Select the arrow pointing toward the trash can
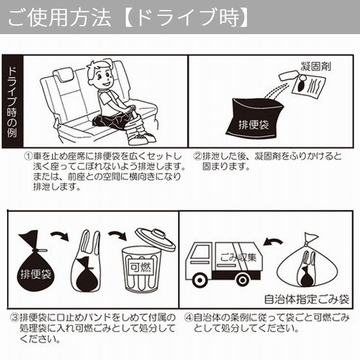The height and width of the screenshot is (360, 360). tap(117, 235)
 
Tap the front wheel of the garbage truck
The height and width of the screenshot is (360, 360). tap(200, 280)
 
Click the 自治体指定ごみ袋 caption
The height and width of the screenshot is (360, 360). tap(306, 300)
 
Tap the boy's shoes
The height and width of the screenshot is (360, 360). tap(141, 138)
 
